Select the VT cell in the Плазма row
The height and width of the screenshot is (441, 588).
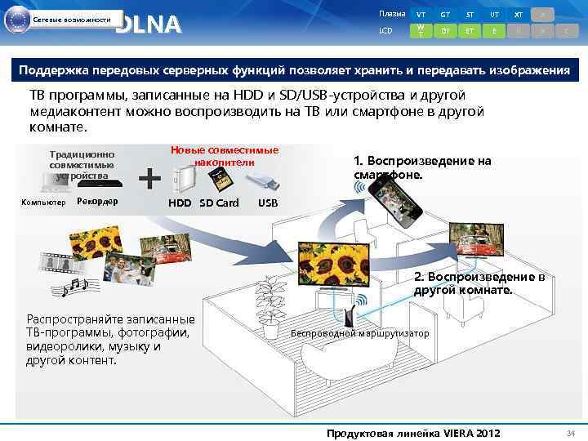421,15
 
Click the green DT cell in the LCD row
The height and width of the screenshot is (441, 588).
445,31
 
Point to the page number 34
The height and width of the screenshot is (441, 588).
572,432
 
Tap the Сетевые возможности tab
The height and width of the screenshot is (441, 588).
72,20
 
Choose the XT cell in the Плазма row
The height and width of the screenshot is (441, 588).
518,15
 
